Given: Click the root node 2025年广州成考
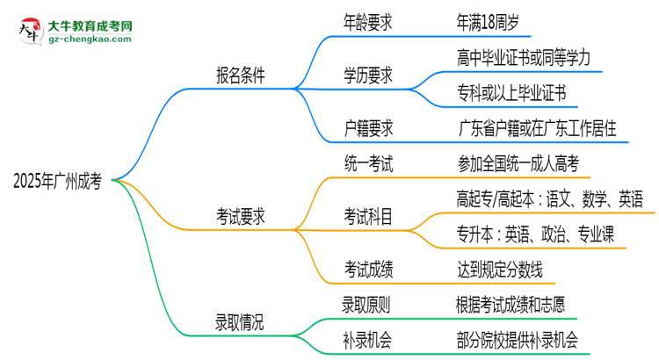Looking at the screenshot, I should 58,182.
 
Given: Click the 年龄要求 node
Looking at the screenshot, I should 368,23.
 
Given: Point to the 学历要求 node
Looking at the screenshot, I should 368,76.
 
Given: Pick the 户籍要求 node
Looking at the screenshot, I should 368,127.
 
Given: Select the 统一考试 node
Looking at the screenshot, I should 368,162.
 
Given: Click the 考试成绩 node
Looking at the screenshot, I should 368,267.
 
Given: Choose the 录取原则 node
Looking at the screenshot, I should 368,304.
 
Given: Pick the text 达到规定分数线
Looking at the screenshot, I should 499,267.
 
